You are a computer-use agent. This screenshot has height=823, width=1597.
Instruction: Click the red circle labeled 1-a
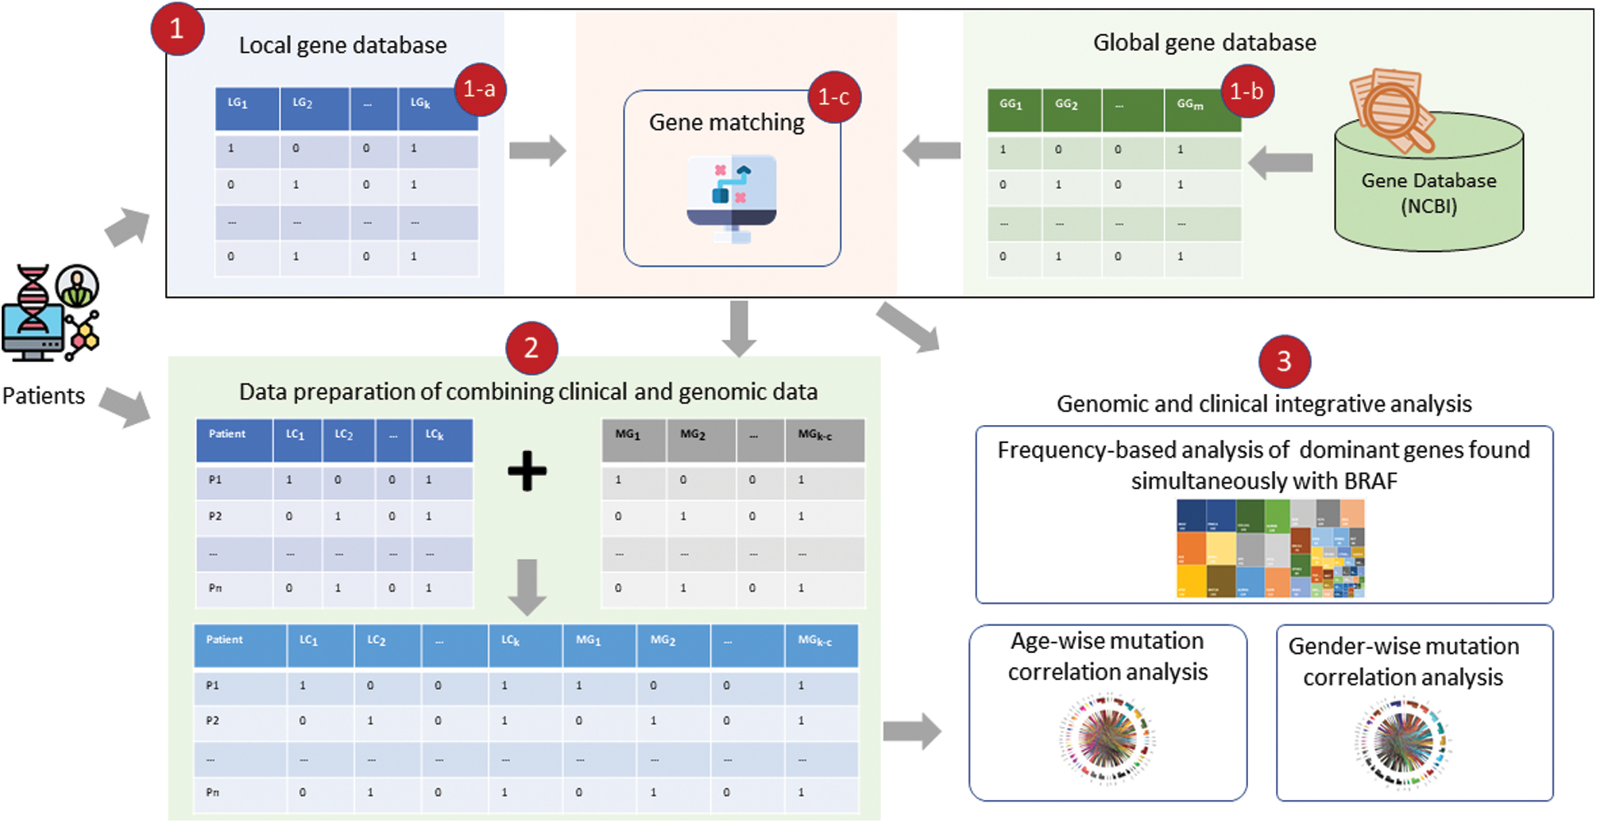coord(480,89)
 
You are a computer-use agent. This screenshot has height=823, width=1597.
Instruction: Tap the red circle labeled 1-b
coord(1246,91)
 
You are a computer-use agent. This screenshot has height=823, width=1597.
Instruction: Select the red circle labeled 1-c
coord(834,98)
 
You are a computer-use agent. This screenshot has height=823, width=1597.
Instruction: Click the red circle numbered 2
coord(531,349)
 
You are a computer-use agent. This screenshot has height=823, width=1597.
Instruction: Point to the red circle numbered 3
coord(1284,361)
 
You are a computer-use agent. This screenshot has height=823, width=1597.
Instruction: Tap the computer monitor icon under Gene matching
coord(732,198)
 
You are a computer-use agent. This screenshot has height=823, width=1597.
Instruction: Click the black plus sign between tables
coord(526,471)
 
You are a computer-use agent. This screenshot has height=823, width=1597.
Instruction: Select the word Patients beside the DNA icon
coord(44,395)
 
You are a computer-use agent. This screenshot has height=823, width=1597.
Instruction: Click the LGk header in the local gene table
coord(420,103)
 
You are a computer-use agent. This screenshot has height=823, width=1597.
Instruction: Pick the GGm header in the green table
coord(1190,105)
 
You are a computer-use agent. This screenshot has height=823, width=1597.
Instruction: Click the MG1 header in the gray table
coord(628,435)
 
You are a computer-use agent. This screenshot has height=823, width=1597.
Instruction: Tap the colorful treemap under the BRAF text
coord(1270,548)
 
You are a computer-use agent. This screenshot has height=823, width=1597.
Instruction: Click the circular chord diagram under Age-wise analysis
coord(1107,738)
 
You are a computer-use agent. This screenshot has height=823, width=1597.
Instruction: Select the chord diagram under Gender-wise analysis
coord(1403,743)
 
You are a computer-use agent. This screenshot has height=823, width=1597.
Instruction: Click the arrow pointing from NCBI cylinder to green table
coord(1280,162)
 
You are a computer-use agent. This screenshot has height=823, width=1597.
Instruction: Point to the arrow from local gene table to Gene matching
coord(537,151)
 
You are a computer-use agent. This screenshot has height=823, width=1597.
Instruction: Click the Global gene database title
coord(1204,43)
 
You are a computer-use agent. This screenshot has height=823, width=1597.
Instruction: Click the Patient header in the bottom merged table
coord(224,640)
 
